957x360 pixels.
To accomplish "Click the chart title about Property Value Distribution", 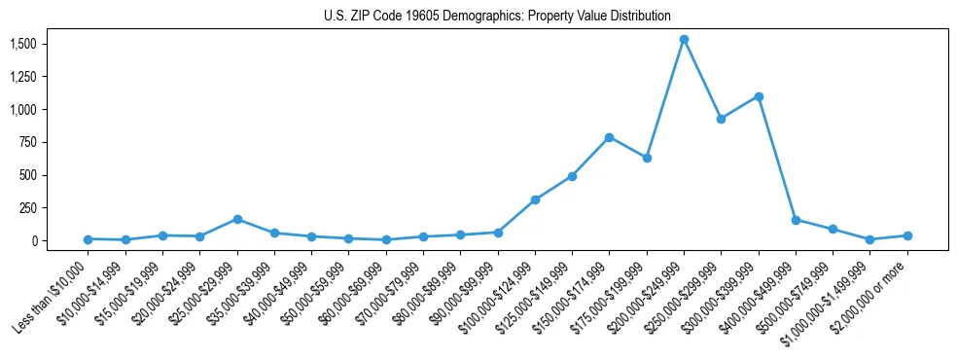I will pyautogui.click(x=497, y=16).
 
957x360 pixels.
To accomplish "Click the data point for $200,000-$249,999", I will pyautogui.click(x=684, y=40).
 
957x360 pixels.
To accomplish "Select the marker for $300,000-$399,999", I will pyautogui.click(x=759, y=96).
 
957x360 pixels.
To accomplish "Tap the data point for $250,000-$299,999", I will pyautogui.click(x=721, y=119).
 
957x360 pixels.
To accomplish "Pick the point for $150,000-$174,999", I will pyautogui.click(x=609, y=137).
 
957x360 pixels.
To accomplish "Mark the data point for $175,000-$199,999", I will pyautogui.click(x=647, y=158).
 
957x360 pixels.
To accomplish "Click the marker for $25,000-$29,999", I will pyautogui.click(x=237, y=220).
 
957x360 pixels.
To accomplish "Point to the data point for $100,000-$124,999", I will pyautogui.click(x=535, y=199).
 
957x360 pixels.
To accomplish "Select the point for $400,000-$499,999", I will pyautogui.click(x=796, y=220).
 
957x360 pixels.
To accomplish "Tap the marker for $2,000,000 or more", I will pyautogui.click(x=907, y=235).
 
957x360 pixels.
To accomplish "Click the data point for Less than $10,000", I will pyautogui.click(x=89, y=239).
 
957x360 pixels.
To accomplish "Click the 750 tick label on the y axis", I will pyautogui.click(x=29, y=143).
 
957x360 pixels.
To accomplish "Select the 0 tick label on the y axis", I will pyautogui.click(x=33, y=240).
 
